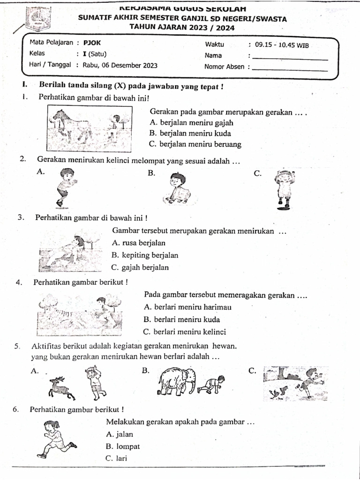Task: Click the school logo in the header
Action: point(37,19)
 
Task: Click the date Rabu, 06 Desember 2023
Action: point(120,65)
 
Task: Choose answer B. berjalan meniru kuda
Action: point(190,134)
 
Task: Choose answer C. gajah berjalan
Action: point(140,268)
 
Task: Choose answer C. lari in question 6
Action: point(117,458)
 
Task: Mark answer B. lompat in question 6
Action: point(123,446)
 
